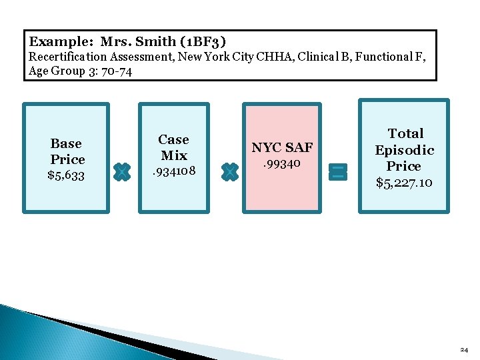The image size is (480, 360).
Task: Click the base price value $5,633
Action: [66, 175]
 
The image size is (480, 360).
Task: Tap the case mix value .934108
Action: [173, 171]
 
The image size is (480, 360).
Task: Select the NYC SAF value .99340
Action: [281, 163]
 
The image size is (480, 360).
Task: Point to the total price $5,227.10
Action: [404, 182]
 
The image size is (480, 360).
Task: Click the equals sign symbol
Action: [338, 172]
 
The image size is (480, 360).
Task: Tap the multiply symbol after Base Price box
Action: [121, 172]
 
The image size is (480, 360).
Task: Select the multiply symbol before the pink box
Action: [229, 172]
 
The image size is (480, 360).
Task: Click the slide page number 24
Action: [464, 349]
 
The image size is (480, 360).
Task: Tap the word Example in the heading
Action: [61, 41]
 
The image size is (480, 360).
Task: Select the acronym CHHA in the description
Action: [279, 57]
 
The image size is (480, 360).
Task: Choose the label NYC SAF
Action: [281, 147]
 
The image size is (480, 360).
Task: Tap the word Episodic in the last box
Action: [404, 150]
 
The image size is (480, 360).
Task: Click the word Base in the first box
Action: [66, 143]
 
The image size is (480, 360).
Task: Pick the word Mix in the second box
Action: [174, 155]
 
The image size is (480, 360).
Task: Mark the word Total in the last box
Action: [405, 133]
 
